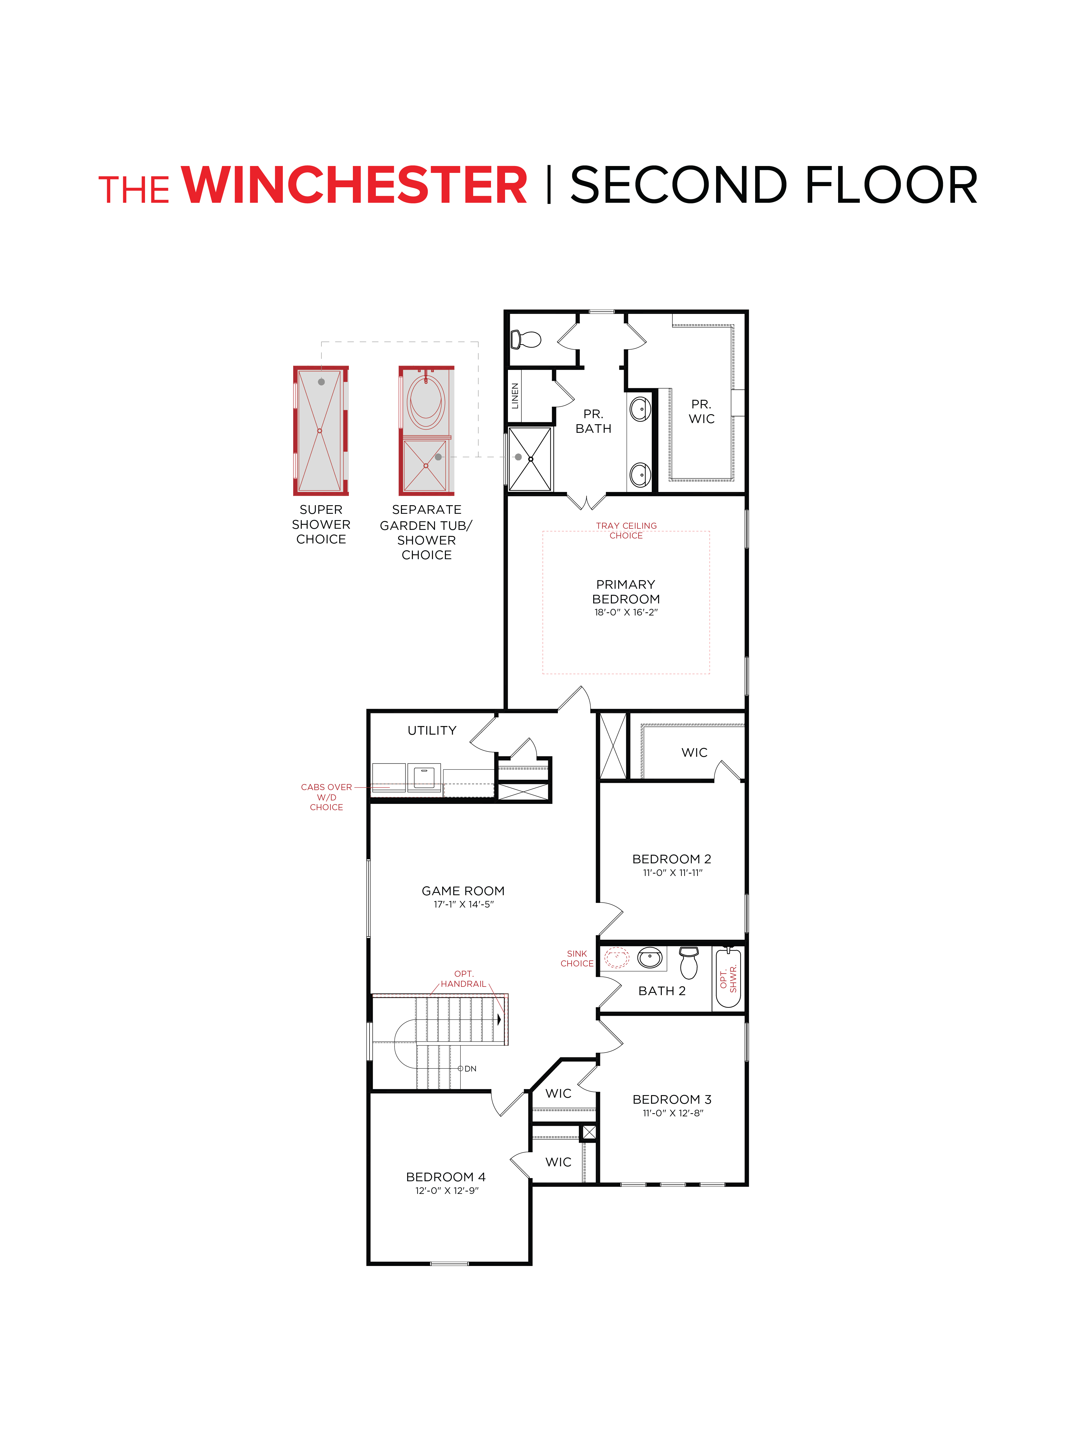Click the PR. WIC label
tap(701, 412)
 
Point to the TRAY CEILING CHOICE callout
tap(626, 530)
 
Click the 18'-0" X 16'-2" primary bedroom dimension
tap(626, 612)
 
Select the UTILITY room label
tap(432, 730)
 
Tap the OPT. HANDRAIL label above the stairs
tap(463, 979)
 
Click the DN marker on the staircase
tap(469, 1069)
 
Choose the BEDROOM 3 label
tap(672, 1099)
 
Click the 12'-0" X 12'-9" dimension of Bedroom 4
tap(447, 1191)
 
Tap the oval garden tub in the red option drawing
tap(426, 401)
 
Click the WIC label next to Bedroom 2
tap(694, 752)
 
